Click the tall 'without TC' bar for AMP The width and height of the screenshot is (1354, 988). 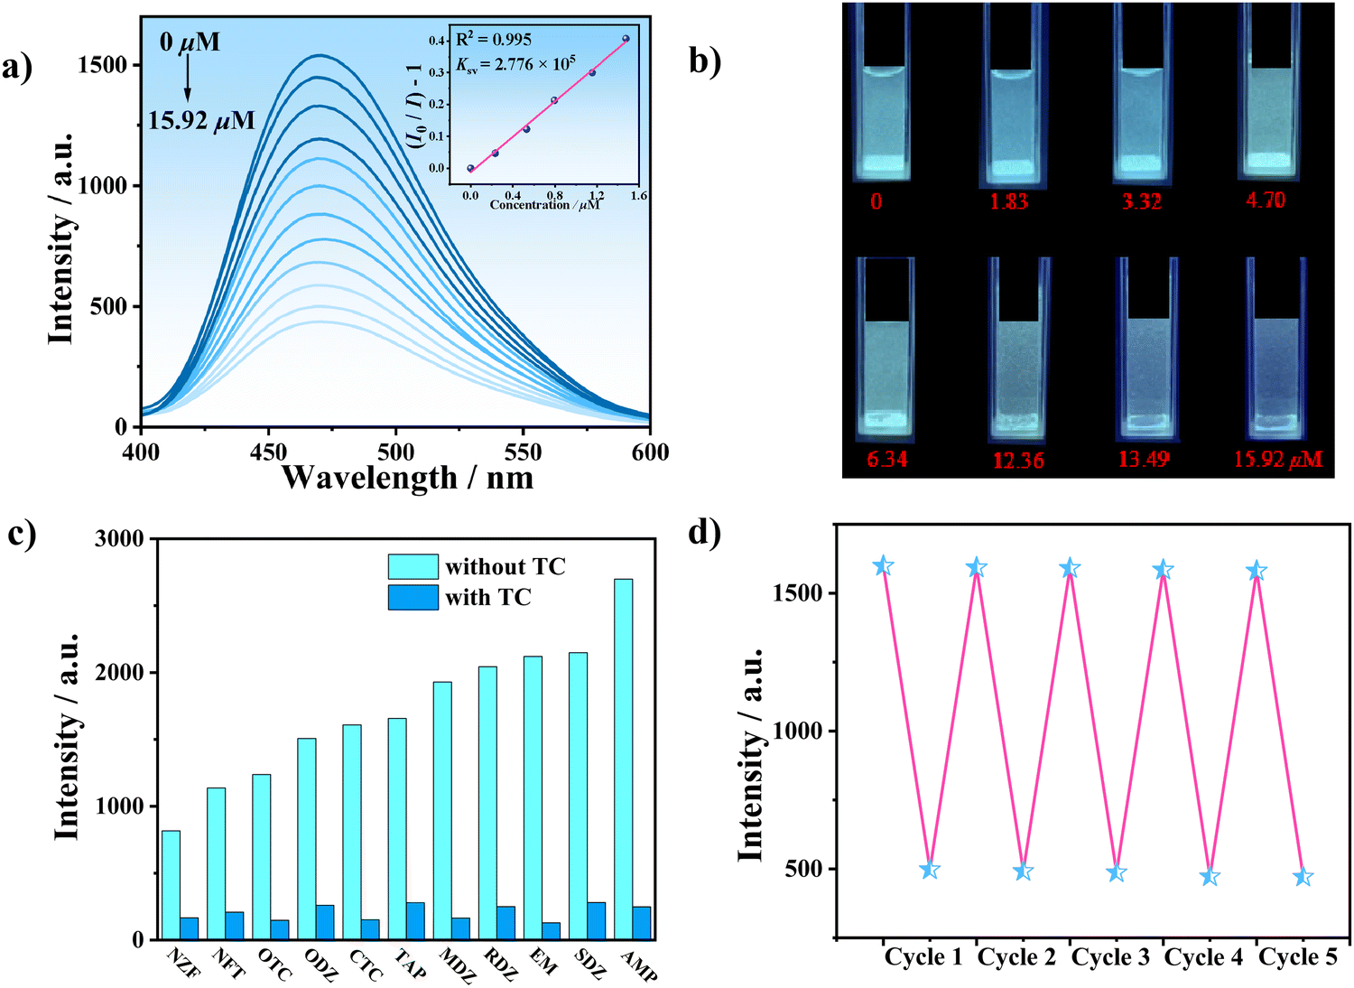623,759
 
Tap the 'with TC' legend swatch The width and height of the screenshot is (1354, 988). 413,597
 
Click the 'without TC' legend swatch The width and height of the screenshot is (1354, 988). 413,566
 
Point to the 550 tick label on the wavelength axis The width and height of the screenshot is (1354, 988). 523,452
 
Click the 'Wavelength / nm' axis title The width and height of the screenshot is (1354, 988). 407,477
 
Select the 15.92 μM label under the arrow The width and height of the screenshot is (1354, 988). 201,120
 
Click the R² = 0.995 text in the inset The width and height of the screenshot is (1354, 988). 494,39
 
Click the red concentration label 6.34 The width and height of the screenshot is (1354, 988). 886,460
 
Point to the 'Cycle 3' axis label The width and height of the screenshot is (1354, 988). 1110,957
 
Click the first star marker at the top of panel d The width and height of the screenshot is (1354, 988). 883,566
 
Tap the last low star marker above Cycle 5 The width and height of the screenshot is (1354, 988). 1303,877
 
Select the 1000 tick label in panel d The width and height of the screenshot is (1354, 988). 799,731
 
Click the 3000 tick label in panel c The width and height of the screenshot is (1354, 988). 119,539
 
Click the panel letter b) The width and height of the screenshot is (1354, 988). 705,61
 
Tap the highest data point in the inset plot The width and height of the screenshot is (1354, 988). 626,39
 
